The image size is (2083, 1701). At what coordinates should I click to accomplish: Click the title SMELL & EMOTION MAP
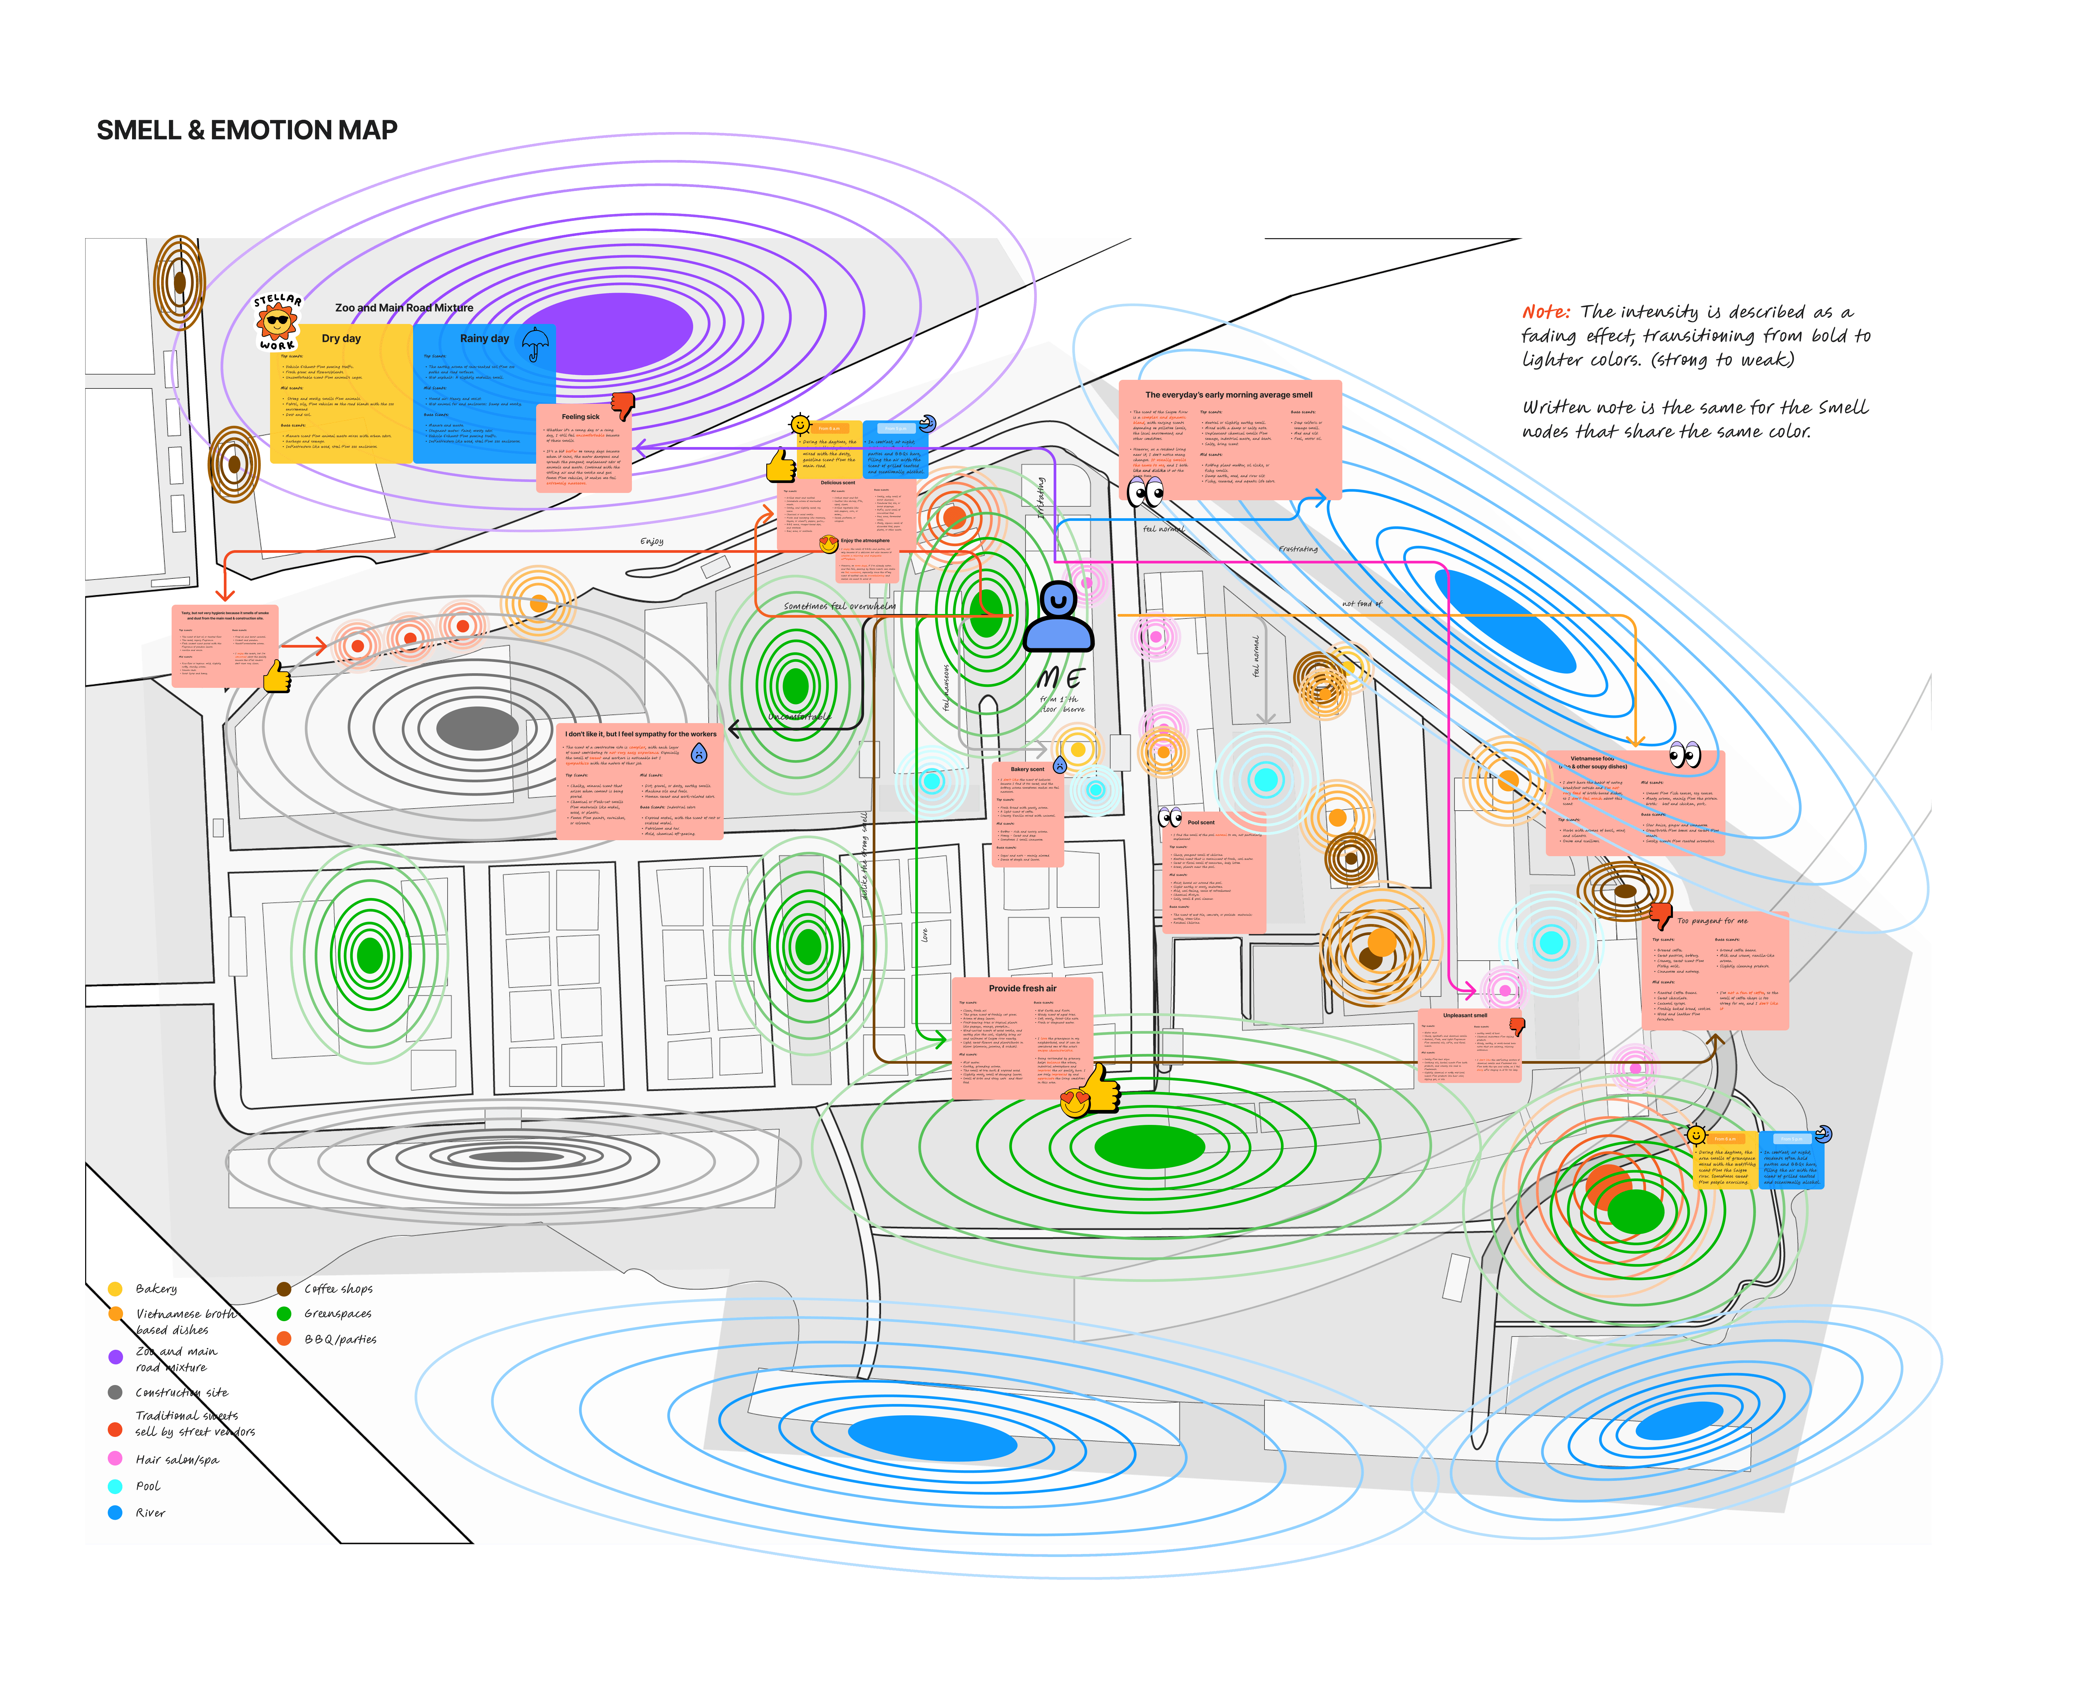tap(247, 130)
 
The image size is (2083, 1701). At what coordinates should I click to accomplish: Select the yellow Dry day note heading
tap(341, 338)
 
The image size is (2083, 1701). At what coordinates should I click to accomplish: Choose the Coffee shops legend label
tap(338, 1289)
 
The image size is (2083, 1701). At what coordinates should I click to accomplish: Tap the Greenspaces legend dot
tap(284, 1313)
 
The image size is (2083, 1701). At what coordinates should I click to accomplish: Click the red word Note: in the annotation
tap(1546, 312)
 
